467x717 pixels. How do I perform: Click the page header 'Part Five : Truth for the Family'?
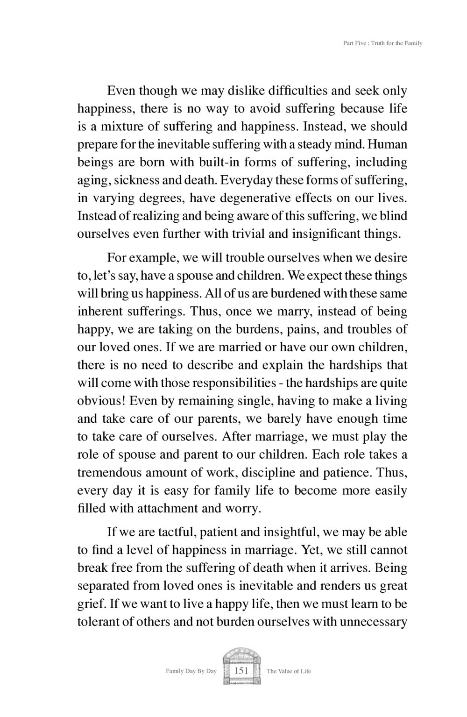point(382,43)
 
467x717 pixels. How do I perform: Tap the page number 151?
point(241,671)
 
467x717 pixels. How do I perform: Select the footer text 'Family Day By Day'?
point(191,671)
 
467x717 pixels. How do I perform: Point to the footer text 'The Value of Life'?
point(289,671)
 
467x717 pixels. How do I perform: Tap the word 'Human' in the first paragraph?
point(388,144)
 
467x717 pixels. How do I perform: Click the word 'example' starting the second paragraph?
point(151,258)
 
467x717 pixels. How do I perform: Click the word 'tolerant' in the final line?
point(97,622)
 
